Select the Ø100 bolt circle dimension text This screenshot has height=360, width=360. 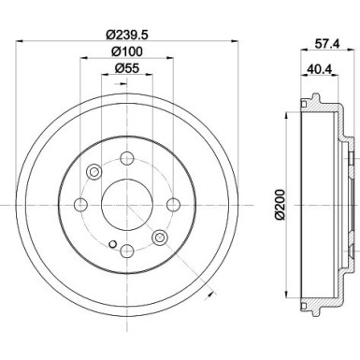(x=126, y=52)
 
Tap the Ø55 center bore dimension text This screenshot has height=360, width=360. (x=126, y=68)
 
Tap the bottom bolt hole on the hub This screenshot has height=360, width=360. (x=126, y=248)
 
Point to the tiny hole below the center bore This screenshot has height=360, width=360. (x=112, y=245)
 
